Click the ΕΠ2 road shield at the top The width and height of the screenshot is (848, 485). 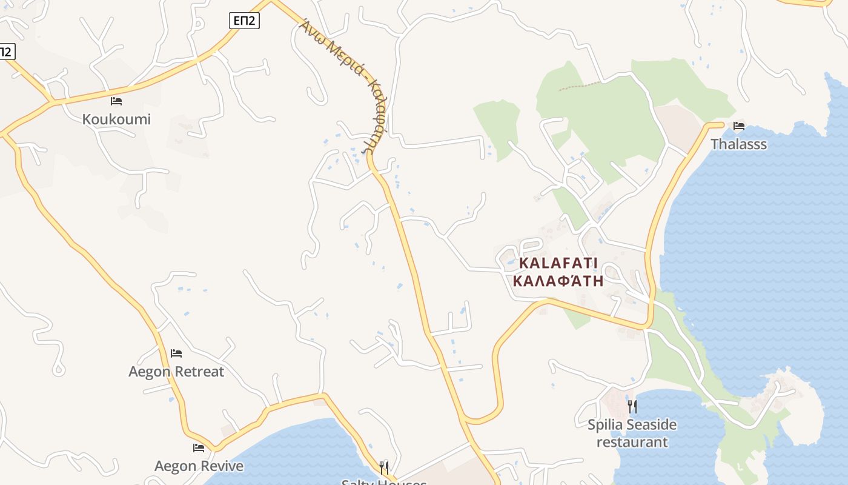pyautogui.click(x=245, y=21)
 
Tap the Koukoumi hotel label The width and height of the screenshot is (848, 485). pyautogui.click(x=116, y=119)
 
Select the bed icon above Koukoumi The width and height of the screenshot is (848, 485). pyautogui.click(x=116, y=101)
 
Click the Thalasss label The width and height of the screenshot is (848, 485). pyautogui.click(x=738, y=144)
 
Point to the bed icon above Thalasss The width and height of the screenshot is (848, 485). pyautogui.click(x=739, y=126)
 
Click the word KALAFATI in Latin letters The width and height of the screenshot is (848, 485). pyautogui.click(x=558, y=263)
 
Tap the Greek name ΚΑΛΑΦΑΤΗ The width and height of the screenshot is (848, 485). pyautogui.click(x=558, y=281)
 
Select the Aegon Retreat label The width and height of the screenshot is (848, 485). pyautogui.click(x=176, y=372)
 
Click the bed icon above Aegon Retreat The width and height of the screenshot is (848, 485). pyautogui.click(x=176, y=353)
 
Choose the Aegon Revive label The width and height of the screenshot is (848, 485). pyautogui.click(x=199, y=466)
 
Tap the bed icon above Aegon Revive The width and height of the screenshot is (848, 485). pyautogui.click(x=199, y=448)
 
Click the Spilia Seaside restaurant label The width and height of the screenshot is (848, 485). pyautogui.click(x=632, y=433)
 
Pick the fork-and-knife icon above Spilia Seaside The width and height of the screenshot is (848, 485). pyautogui.click(x=632, y=406)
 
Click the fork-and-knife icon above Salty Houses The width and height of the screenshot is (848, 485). pyautogui.click(x=384, y=467)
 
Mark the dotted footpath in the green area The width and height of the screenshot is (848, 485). pyautogui.click(x=579, y=86)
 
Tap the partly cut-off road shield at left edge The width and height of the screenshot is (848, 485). pyautogui.click(x=5, y=52)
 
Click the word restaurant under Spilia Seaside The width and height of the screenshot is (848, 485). pyautogui.click(x=632, y=442)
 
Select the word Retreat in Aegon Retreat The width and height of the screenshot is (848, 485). pyautogui.click(x=199, y=372)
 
